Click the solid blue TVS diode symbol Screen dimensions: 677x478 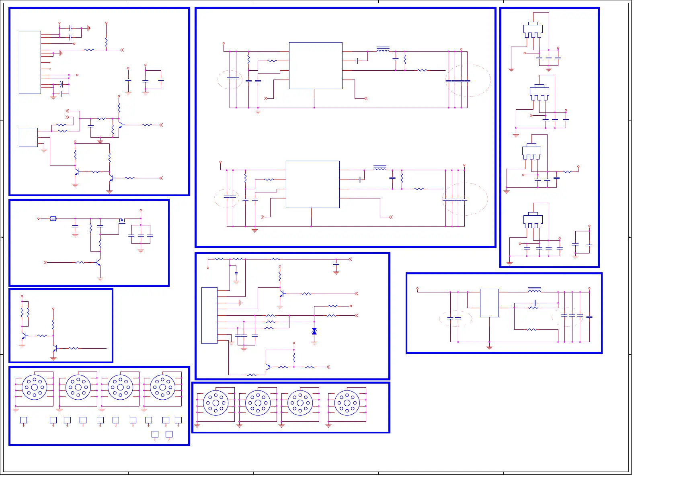tap(314, 331)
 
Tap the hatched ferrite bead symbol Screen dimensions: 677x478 tap(53, 219)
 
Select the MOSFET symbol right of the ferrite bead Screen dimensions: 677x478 tap(122, 220)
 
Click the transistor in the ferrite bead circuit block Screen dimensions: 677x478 tap(98, 263)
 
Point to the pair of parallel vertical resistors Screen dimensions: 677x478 tap(25, 312)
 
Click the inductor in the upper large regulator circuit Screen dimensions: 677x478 tap(383, 50)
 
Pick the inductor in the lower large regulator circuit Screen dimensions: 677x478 tap(380, 168)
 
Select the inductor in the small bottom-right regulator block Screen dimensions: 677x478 tap(534, 290)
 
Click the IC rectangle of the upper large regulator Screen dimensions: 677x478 tap(316, 65)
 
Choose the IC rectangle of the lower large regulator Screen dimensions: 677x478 tap(312, 184)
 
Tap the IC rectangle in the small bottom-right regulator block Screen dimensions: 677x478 tap(489, 303)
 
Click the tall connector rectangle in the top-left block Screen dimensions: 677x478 tap(30, 62)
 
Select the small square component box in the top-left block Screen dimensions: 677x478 tap(28, 137)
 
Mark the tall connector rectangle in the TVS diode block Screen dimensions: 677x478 tap(209, 315)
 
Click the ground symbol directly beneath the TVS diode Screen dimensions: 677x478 tap(314, 343)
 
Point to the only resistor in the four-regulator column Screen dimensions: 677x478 tap(567, 172)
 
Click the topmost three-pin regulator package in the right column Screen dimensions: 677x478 tap(533, 30)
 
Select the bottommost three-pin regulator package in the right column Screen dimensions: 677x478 tap(533, 220)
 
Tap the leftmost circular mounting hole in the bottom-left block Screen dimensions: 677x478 tap(35, 387)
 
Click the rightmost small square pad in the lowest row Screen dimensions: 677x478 tap(169, 434)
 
